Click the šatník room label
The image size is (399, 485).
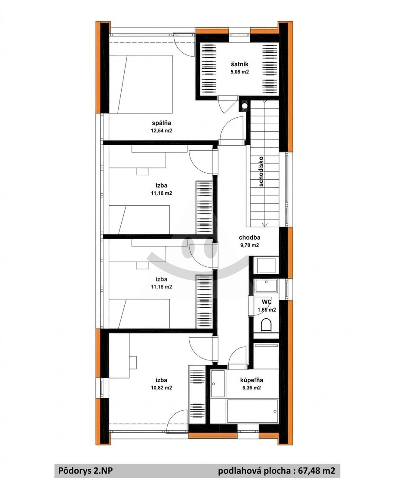(239, 64)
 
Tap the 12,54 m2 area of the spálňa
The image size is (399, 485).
(161, 131)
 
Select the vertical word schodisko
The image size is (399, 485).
(261, 171)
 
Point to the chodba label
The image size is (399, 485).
(249, 238)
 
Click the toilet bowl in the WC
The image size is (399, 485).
(266, 325)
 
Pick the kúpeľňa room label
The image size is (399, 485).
(252, 380)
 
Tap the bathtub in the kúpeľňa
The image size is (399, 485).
(252, 411)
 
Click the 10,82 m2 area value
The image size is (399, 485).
(161, 387)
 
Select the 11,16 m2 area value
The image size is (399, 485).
(161, 193)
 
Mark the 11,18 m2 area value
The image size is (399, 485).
(161, 287)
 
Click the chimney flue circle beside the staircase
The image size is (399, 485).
(245, 106)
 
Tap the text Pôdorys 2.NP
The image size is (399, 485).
(86, 471)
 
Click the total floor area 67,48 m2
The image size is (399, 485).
(316, 471)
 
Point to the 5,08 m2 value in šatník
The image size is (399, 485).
(239, 72)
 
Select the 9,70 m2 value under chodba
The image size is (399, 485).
(249, 245)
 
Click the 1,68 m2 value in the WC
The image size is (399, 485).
(267, 310)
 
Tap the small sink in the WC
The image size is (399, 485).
(266, 286)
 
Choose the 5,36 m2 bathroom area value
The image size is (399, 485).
(251, 387)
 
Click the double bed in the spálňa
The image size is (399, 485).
(141, 84)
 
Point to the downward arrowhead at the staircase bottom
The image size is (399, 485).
(264, 225)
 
